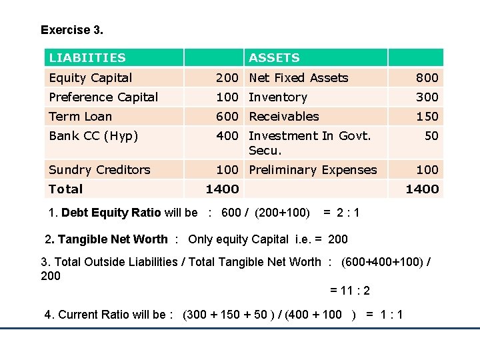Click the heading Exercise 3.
click(72, 30)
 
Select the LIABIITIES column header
click(87, 58)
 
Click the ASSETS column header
click(274, 58)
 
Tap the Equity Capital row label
click(91, 78)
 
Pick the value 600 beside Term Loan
click(226, 117)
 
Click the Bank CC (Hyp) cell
click(93, 136)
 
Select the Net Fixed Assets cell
click(298, 78)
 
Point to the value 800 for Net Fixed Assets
click(427, 78)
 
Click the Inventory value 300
click(427, 97)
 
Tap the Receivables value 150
click(427, 117)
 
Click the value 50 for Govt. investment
click(431, 136)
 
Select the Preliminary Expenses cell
click(313, 170)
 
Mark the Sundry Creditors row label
click(99, 170)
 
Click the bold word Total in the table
click(65, 189)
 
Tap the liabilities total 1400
click(222, 189)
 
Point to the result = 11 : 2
click(350, 291)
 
